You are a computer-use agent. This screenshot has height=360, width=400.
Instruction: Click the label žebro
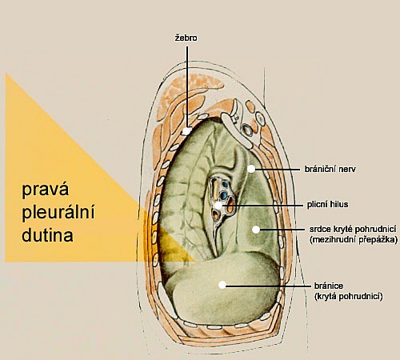(186, 38)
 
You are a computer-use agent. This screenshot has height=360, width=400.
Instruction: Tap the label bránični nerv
(330, 169)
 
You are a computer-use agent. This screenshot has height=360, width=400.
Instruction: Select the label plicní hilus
(327, 205)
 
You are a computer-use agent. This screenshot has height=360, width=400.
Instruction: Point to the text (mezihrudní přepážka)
(354, 240)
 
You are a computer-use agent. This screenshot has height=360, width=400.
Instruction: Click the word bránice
(329, 286)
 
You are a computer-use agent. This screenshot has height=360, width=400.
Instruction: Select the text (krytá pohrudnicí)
(349, 297)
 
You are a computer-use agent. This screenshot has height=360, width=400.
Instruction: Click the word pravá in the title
(46, 190)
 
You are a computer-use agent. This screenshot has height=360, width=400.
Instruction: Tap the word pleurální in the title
(58, 213)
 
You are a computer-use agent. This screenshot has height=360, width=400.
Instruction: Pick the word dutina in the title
(47, 235)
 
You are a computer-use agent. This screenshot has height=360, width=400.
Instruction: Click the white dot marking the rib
(186, 131)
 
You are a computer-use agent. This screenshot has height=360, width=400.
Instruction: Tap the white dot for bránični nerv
(251, 169)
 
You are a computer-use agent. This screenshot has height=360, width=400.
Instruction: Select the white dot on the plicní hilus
(218, 206)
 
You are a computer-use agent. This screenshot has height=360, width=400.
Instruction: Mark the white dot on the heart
(256, 230)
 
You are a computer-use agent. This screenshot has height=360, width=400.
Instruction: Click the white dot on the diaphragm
(222, 285)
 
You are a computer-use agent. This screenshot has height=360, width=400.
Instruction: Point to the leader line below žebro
(187, 86)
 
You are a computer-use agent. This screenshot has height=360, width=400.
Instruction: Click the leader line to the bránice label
(268, 286)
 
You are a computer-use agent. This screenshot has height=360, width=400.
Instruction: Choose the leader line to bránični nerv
(277, 169)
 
